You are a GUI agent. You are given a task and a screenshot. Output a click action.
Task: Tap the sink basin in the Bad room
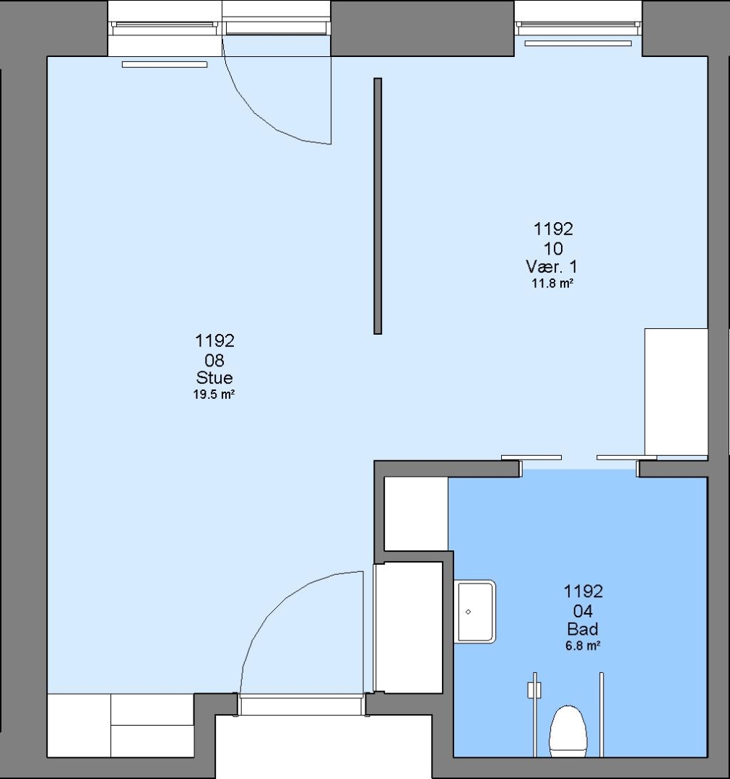click(x=475, y=612)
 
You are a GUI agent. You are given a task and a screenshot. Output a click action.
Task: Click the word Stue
click(x=214, y=377)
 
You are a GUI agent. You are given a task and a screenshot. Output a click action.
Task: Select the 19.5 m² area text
click(x=214, y=395)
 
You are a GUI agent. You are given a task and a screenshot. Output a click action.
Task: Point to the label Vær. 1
click(x=552, y=267)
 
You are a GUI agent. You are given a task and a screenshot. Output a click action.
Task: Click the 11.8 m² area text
click(x=552, y=283)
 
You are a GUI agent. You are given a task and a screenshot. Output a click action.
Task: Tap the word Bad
click(x=582, y=629)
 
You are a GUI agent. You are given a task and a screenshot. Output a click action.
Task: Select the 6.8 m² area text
click(x=582, y=646)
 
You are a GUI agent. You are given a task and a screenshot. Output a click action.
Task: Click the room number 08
click(x=214, y=360)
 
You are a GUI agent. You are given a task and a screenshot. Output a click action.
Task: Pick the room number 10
click(x=553, y=248)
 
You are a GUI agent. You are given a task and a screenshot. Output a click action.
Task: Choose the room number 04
click(x=583, y=611)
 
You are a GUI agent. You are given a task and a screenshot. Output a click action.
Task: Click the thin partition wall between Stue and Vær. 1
click(x=378, y=206)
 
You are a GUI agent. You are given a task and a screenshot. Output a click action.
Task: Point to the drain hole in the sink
click(x=468, y=612)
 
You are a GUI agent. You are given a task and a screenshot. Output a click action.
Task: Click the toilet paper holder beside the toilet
click(x=534, y=690)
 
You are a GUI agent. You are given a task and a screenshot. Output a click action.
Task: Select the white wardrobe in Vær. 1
click(x=677, y=392)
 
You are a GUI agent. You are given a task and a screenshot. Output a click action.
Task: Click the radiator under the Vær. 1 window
click(x=578, y=43)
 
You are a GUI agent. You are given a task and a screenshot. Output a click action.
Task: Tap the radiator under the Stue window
click(x=165, y=64)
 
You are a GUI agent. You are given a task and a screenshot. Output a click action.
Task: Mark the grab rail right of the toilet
click(x=601, y=715)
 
